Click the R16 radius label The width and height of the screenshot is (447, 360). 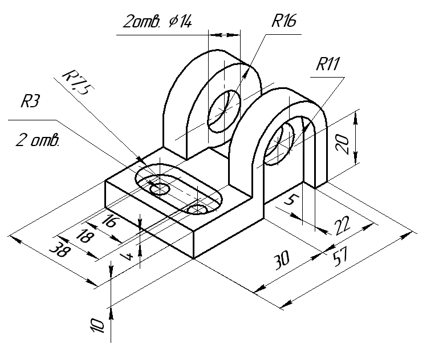coord(284,21)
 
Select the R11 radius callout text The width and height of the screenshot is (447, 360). coord(328,64)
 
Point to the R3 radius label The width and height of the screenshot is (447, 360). coord(30,101)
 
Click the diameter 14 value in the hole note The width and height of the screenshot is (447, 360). coord(180,22)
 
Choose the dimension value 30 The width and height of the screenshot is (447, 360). coord(282,260)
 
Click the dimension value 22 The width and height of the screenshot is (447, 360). coord(342,225)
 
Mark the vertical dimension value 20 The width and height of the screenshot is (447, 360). coord(342,144)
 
